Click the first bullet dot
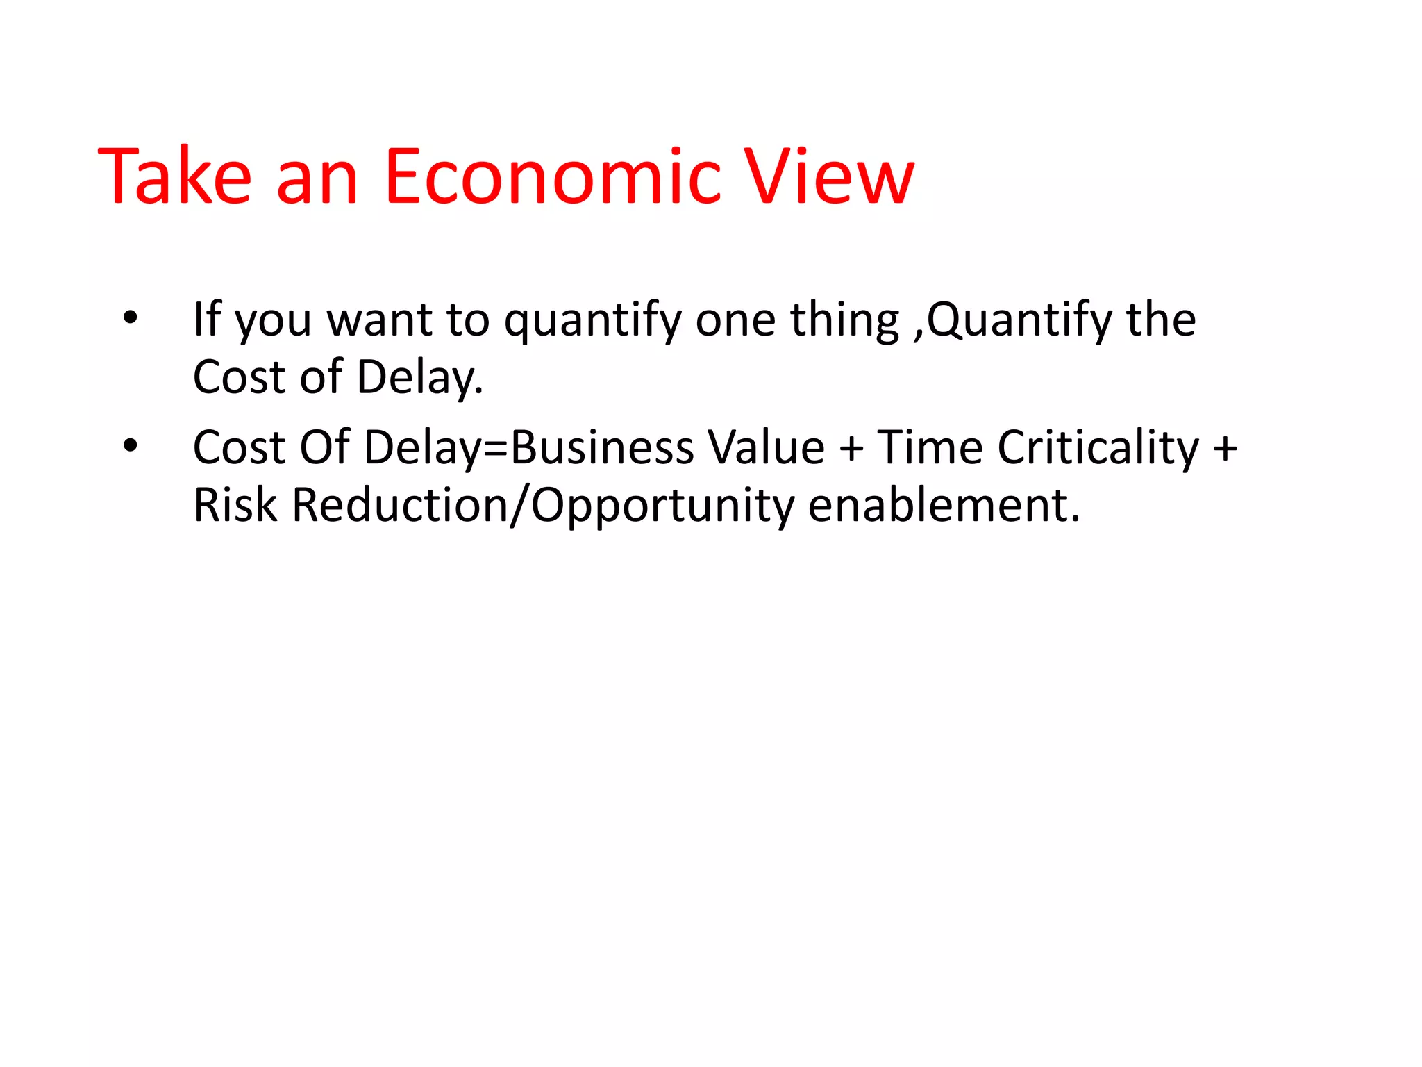131,318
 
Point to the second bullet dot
131,446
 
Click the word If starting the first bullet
207,320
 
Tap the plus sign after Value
851,449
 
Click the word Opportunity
662,506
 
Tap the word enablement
944,505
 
